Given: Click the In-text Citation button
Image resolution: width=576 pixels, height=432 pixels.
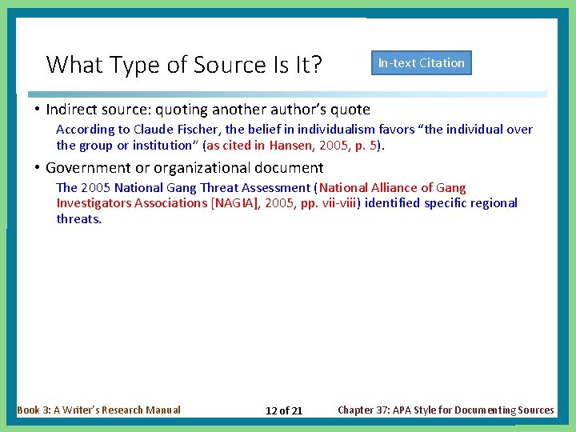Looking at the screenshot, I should pos(421,63).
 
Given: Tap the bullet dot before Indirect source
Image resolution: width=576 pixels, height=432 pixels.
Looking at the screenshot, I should pos(38,109).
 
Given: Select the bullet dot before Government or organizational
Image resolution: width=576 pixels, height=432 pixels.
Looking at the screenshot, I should pos(38,167).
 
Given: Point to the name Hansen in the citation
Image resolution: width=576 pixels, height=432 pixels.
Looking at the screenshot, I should pos(290,145).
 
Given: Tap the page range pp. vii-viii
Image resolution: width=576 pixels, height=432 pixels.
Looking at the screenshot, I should pos(330,202).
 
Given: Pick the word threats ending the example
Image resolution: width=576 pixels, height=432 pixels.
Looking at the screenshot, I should pos(78,218).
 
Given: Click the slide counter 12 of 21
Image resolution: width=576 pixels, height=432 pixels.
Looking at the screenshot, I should pos(284,410).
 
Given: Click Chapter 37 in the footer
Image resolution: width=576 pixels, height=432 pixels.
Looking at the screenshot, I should pos(370,410).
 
